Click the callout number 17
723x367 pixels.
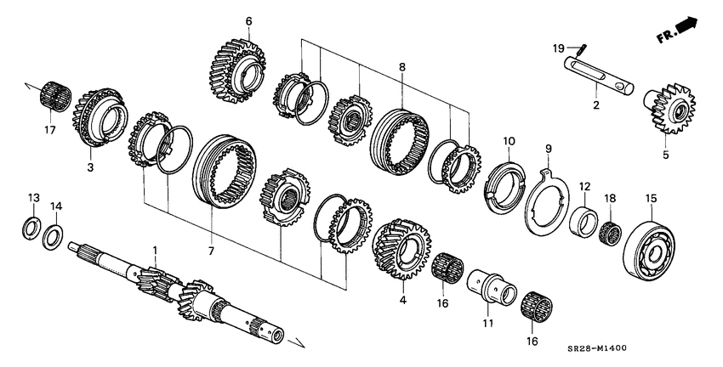(x=49, y=130)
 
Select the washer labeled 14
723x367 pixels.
(x=54, y=235)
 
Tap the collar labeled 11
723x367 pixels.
(x=493, y=285)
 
